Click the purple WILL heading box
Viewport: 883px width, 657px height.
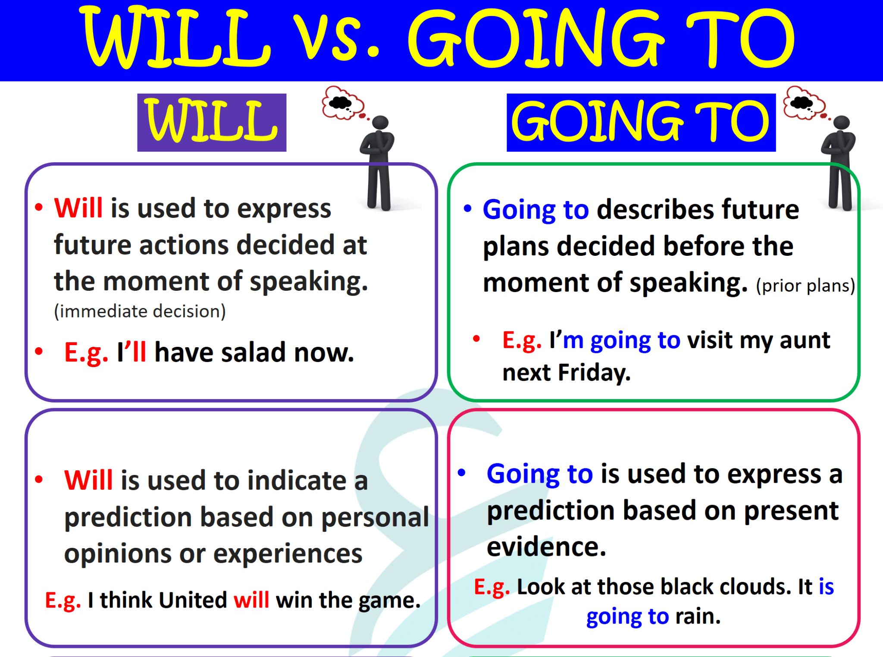pos(211,122)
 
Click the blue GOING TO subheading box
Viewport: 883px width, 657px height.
pos(641,122)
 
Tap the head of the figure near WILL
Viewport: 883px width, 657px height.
pos(380,123)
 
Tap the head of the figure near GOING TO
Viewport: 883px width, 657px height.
pos(841,123)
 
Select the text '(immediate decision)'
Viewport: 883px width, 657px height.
pos(140,311)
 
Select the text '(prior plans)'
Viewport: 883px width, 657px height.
pos(805,286)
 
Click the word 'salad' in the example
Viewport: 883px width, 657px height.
pos(254,352)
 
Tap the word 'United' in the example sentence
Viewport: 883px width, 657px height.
pos(193,600)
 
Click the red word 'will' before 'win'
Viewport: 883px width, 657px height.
pos(251,600)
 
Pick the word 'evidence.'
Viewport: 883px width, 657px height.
pos(546,547)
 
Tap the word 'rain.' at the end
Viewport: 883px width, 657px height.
pos(698,616)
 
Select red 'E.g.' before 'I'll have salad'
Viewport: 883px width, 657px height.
pos(86,352)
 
